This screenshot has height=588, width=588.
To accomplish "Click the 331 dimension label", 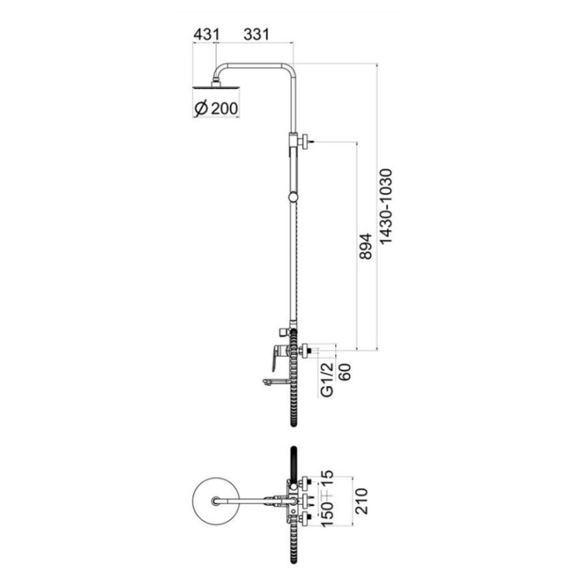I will pyautogui.click(x=256, y=34).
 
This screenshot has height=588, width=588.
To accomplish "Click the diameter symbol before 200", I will pyautogui.click(x=200, y=109).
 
